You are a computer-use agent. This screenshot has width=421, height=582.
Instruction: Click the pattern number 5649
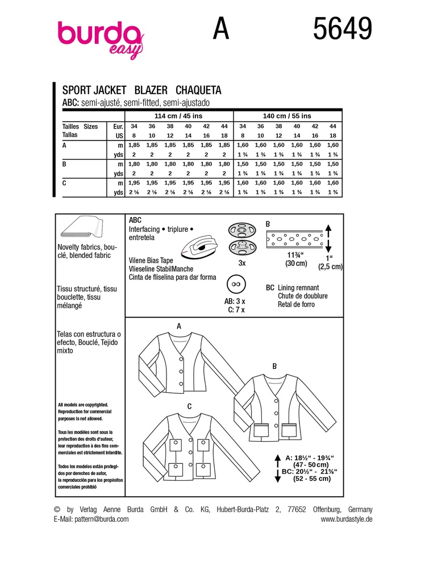pos(343,28)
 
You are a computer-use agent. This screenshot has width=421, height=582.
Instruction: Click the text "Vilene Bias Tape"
pos(151,260)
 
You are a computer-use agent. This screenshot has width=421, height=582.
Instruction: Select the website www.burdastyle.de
pos(346,519)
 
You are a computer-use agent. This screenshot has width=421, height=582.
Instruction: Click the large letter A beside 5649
pos(222,28)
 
